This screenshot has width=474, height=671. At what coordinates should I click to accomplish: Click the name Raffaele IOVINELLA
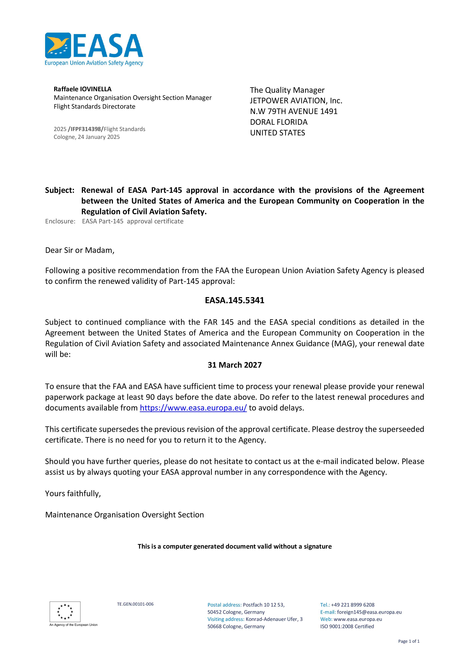82,89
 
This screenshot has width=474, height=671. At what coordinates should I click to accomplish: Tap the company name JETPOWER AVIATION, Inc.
296,101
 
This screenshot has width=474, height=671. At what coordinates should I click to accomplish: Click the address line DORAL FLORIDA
279,122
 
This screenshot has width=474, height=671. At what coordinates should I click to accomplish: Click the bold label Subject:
60,190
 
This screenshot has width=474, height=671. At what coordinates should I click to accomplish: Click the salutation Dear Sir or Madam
80,250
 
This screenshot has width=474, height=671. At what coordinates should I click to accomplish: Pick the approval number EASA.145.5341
235,300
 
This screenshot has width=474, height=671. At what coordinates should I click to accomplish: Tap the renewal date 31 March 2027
235,365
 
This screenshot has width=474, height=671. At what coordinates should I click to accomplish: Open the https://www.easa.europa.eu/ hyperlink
193,408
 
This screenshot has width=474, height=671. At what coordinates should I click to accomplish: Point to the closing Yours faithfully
73,494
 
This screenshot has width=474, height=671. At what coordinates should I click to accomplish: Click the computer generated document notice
235,546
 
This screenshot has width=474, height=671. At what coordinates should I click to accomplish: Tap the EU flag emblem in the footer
65,612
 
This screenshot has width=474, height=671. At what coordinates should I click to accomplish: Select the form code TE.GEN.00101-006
135,604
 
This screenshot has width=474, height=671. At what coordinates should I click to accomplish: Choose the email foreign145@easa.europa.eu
369,612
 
